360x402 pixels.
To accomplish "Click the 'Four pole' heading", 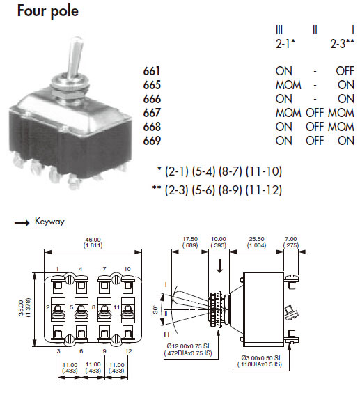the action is click(48, 12).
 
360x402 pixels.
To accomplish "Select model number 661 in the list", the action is click(152, 71).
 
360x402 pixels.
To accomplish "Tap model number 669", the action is click(152, 141).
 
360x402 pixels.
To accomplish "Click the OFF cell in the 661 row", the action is click(345, 71).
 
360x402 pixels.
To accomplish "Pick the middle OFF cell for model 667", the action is click(315, 113).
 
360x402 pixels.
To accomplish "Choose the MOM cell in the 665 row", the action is click(288, 85).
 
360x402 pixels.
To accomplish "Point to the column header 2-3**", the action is click(342, 44).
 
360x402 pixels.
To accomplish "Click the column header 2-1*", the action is click(285, 44).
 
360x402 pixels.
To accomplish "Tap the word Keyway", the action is click(49, 222).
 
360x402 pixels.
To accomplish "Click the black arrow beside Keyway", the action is click(22, 223).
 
